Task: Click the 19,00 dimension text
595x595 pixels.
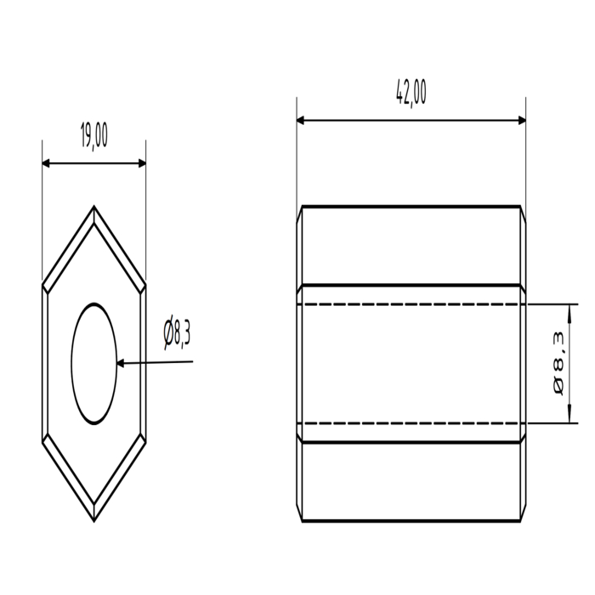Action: [x=94, y=135]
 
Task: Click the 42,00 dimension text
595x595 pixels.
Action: [x=411, y=92]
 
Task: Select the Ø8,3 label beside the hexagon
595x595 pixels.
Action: [x=177, y=332]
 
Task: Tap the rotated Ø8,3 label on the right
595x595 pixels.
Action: [x=559, y=363]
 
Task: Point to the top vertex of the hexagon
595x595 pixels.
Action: [x=94, y=206]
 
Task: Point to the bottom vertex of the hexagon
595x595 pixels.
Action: [x=94, y=521]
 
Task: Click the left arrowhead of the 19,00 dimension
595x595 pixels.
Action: [x=46, y=163]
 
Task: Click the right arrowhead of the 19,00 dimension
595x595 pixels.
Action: [x=142, y=163]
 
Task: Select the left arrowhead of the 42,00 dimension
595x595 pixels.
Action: [x=300, y=121]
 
